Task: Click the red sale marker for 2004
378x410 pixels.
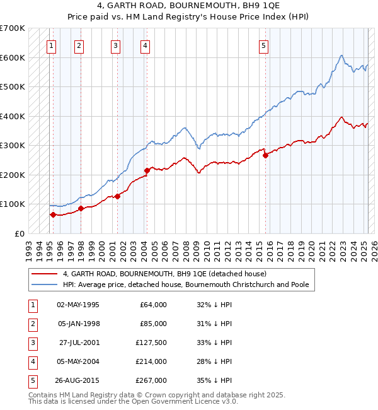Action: [147, 170]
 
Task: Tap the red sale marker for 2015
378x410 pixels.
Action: [265, 155]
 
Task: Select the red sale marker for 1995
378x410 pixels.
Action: [53, 214]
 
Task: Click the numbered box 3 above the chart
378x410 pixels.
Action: [115, 45]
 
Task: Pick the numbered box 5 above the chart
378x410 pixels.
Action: [263, 45]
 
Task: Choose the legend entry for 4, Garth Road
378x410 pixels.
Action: [164, 274]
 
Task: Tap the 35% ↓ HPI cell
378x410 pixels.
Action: [215, 380]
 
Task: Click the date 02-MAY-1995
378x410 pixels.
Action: [77, 305]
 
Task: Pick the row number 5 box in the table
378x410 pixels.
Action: [31, 380]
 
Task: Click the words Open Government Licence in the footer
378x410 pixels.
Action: [177, 402]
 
